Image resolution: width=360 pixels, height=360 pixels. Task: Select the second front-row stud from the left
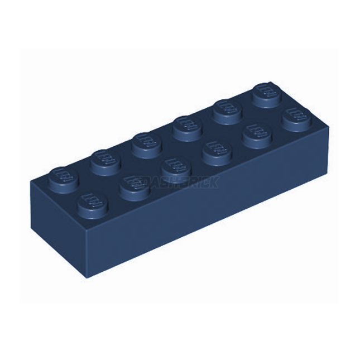[132, 184]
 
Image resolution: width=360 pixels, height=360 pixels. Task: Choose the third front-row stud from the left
[174, 166]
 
